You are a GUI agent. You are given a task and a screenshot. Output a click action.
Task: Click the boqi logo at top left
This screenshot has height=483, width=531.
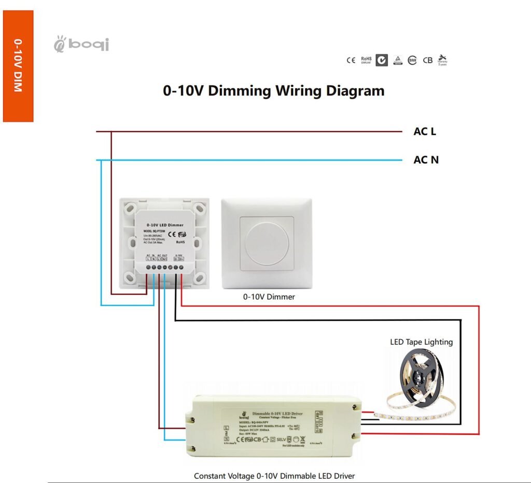(x=81, y=45)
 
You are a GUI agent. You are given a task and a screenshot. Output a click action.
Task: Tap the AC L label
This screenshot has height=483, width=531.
(x=424, y=132)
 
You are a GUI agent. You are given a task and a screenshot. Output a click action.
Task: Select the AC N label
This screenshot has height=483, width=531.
(x=426, y=160)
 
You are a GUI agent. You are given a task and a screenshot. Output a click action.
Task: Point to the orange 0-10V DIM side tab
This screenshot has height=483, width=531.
(x=18, y=66)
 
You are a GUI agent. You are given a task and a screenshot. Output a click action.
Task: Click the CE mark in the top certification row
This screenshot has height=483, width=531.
(x=351, y=60)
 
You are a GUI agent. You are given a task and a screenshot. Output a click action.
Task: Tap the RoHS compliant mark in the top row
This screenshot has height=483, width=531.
(x=366, y=60)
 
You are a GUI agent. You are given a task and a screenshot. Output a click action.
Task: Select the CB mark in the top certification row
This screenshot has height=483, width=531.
(x=427, y=60)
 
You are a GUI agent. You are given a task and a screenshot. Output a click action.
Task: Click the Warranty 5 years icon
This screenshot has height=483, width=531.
(x=442, y=60)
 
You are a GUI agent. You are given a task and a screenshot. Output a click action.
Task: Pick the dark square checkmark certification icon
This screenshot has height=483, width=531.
(x=382, y=60)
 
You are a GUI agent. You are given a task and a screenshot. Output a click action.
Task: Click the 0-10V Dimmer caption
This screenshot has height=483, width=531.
(x=269, y=297)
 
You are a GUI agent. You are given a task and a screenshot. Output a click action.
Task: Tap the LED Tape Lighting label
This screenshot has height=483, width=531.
(x=421, y=342)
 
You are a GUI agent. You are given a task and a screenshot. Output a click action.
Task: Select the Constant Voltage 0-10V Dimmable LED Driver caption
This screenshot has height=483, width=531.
(x=274, y=475)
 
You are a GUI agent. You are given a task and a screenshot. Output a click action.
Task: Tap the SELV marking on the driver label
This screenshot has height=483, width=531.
(x=281, y=439)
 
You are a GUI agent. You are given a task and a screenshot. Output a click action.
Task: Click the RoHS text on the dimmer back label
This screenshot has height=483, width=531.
(x=181, y=241)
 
